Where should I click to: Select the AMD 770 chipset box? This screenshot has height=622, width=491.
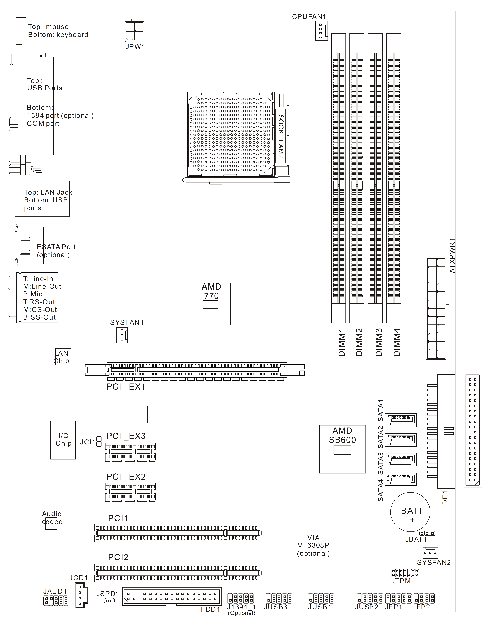[x=210, y=304]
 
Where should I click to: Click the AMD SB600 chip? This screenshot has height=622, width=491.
[x=342, y=449]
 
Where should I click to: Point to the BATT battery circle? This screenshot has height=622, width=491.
[x=410, y=512]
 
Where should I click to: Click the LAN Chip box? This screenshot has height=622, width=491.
[x=63, y=357]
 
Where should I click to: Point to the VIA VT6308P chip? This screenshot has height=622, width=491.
[x=311, y=542]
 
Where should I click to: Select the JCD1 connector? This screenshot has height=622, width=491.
[x=81, y=595]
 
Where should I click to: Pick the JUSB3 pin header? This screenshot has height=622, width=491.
[x=279, y=598]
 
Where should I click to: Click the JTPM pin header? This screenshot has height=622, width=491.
[x=405, y=573]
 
